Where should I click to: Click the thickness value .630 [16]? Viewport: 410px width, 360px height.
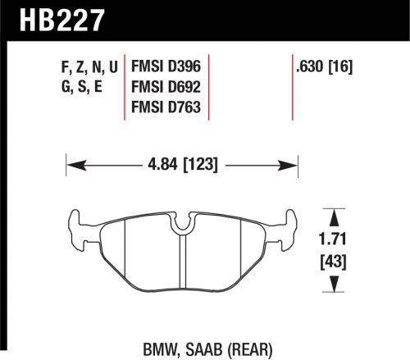tap(322, 62)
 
